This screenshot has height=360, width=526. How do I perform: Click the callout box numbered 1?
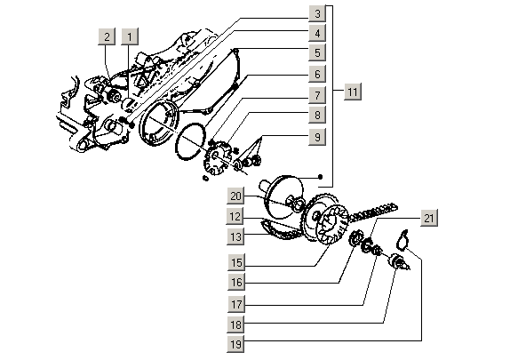click(131, 36)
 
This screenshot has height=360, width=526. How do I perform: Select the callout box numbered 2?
click(108, 36)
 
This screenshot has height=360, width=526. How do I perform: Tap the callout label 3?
click(315, 14)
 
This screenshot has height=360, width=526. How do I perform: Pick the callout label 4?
click(315, 34)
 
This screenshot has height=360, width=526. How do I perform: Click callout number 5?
click(315, 53)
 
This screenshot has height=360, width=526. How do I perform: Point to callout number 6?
click(315, 74)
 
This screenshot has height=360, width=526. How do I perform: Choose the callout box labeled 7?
click(315, 94)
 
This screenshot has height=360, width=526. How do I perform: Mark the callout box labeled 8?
click(315, 115)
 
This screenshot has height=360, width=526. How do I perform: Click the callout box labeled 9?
click(315, 138)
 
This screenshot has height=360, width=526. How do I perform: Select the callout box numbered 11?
click(353, 92)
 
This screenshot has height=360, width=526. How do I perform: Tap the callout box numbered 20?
click(235, 196)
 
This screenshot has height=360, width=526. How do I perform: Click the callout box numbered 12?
click(235, 217)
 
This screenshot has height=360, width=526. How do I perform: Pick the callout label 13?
click(235, 236)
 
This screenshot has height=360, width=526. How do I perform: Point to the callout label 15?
click(235, 263)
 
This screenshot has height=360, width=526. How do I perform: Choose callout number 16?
click(235, 283)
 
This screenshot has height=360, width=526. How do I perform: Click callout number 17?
click(235, 303)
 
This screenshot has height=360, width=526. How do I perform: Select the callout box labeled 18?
click(235, 324)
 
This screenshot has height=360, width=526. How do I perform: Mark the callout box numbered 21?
click(428, 219)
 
